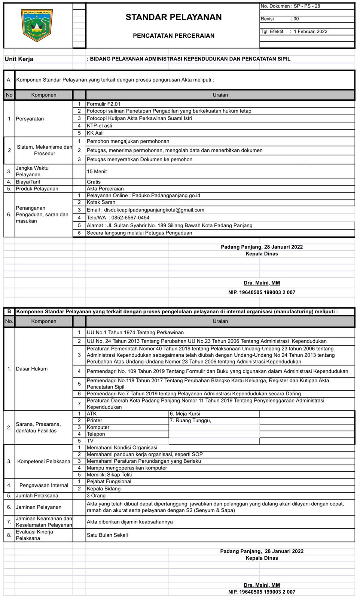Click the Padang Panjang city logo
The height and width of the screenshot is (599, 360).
tap(37, 25)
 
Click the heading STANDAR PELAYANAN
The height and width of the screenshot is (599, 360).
tap(174, 17)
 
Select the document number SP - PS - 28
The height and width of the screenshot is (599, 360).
tap(306, 6)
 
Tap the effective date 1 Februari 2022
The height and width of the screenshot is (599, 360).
tap(310, 31)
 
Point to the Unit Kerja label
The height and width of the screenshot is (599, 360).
tap(19, 59)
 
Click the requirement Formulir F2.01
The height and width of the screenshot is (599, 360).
tap(104, 104)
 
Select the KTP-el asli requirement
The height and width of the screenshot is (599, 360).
tap(99, 126)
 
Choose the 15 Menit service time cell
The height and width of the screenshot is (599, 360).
tap(97, 171)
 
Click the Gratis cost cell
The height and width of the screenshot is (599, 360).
tap(94, 182)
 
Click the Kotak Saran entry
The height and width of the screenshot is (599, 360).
tap(101, 203)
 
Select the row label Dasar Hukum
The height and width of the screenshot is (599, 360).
tap(31, 369)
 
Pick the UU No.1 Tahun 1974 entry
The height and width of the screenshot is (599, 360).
tap(135, 332)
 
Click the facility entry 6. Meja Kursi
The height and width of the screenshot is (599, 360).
tap(185, 414)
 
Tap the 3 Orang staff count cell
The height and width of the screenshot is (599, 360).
tap(96, 496)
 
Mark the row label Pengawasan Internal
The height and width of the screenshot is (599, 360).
tap(44, 486)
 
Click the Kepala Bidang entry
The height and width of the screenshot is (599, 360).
tap(104, 489)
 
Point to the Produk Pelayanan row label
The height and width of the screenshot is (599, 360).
tap(37, 189)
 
